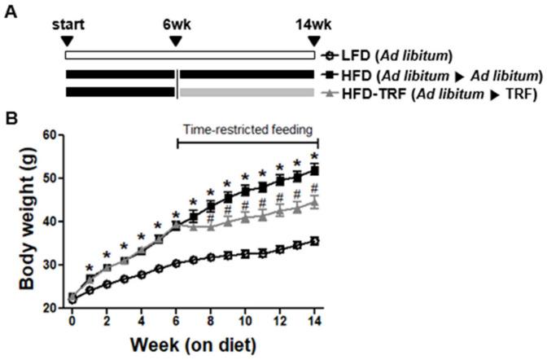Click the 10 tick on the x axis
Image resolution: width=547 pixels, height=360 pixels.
pos(246,320)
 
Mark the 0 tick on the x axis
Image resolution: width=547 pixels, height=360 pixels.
pos(72,320)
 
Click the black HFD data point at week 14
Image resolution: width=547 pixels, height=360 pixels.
pos(314,170)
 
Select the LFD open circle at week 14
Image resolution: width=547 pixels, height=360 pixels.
pos(314,241)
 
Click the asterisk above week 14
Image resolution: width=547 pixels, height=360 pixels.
pos(314,156)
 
